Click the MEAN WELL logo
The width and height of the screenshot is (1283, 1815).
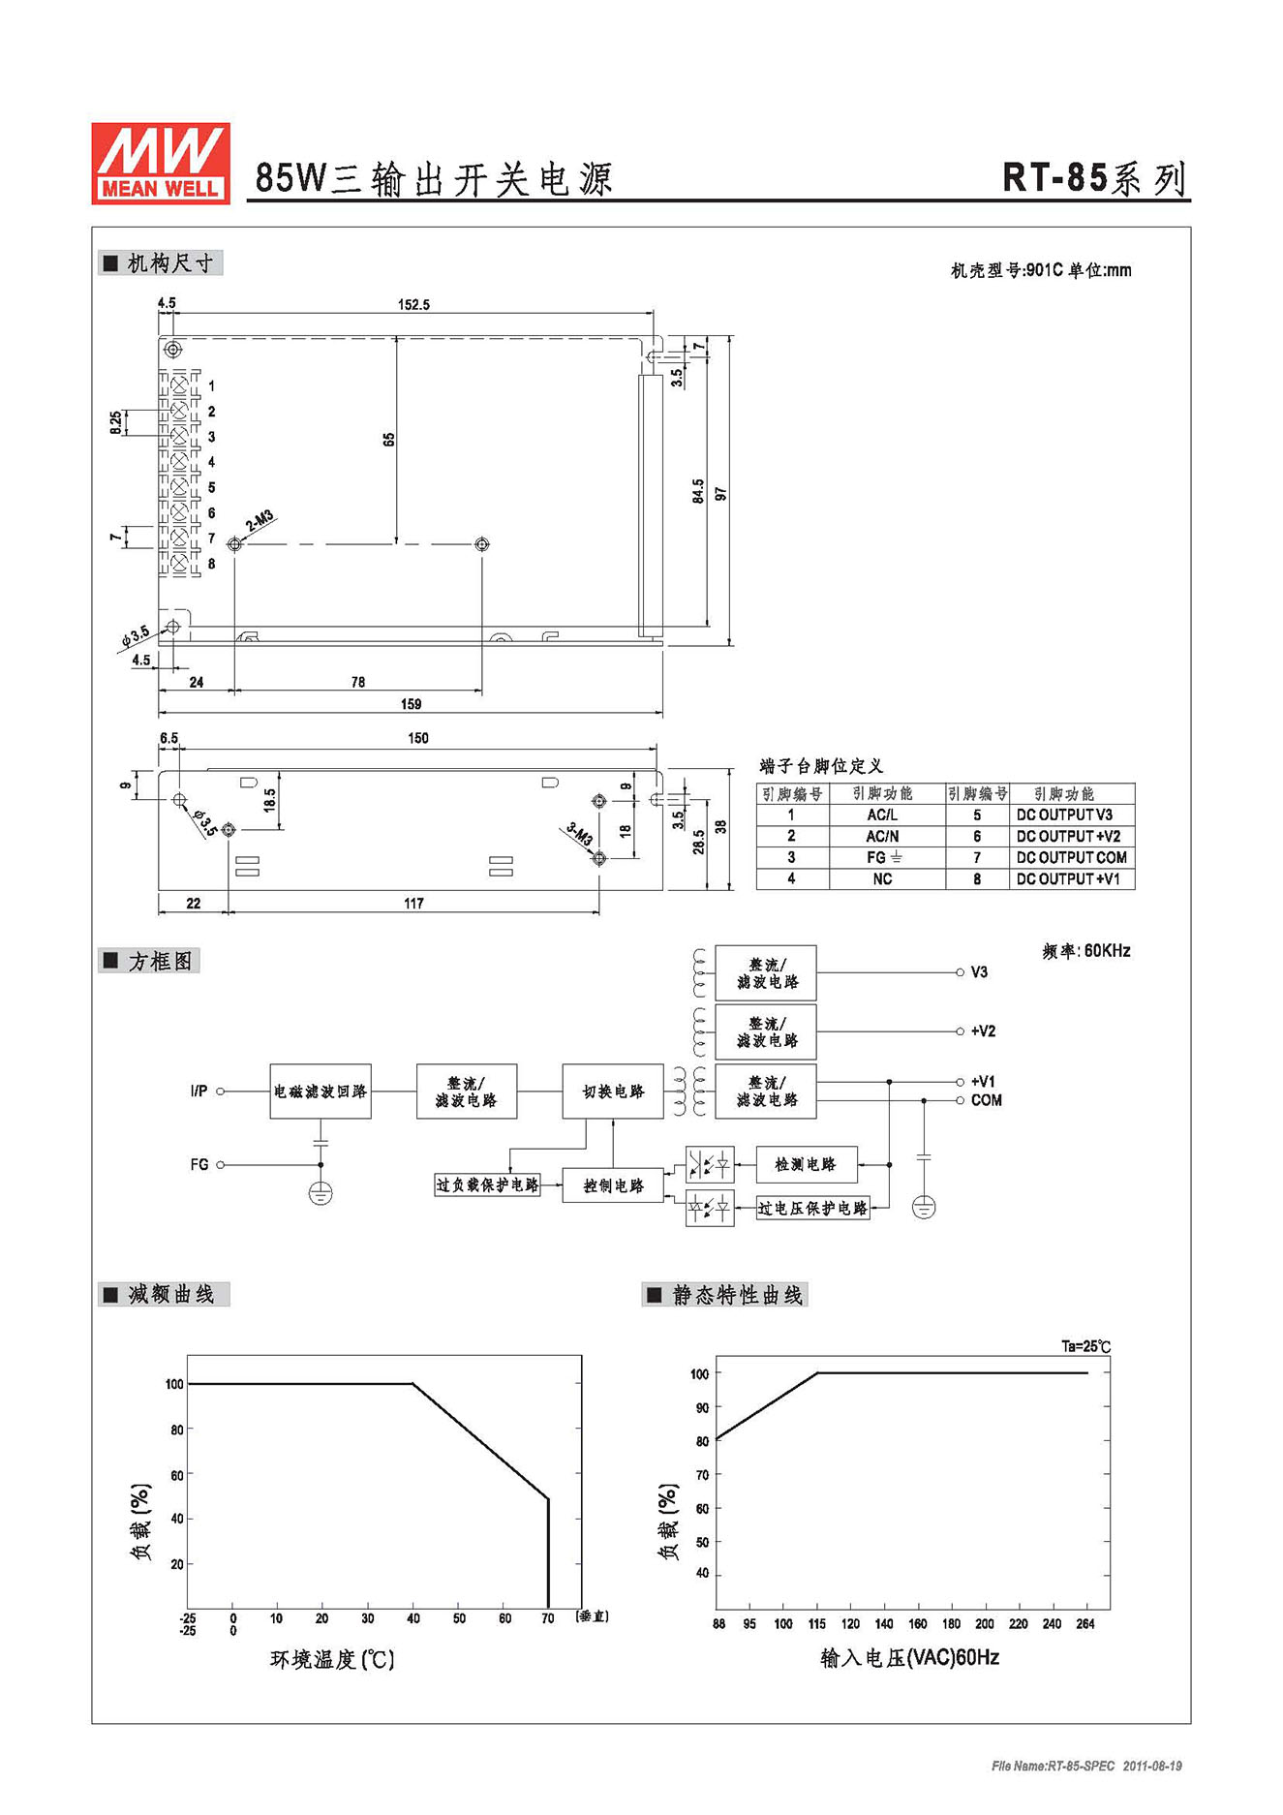point(161,163)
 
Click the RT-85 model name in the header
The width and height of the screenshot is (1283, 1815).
point(1054,178)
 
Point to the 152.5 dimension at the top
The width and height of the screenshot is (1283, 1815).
point(413,304)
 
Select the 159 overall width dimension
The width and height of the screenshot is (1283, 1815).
point(411,704)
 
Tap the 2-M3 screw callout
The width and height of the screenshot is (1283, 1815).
point(260,521)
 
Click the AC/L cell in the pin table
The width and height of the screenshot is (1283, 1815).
point(882,815)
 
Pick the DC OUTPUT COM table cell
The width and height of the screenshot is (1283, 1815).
point(1071,858)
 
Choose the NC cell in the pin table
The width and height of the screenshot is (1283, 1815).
point(882,879)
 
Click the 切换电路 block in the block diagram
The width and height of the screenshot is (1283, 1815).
point(613,1092)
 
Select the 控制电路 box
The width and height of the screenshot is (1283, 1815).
point(613,1185)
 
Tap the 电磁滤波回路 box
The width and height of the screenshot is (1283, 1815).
point(321,1092)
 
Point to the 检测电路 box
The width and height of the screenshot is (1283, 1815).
point(806,1164)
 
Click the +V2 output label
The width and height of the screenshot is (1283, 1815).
point(983,1031)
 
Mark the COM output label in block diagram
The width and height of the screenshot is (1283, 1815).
point(986,1100)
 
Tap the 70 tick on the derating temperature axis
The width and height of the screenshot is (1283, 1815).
point(548,1618)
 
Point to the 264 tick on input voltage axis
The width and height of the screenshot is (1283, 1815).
point(1085,1624)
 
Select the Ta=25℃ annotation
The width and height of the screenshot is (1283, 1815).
point(1085,1346)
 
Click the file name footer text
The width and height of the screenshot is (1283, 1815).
point(1086,1767)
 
